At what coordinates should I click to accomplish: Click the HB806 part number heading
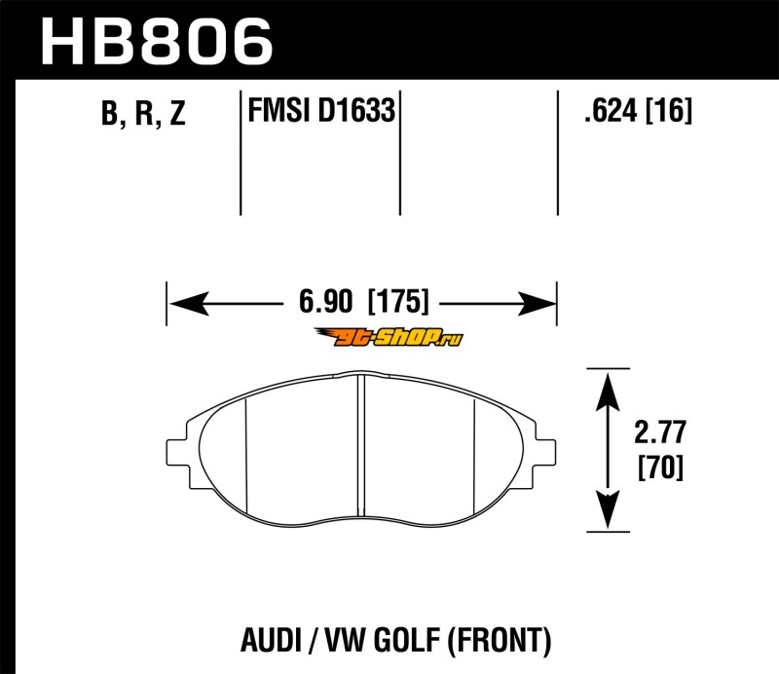(x=157, y=42)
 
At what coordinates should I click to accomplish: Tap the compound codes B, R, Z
(x=143, y=113)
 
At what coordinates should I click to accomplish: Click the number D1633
(x=355, y=110)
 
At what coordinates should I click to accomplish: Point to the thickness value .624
(x=611, y=110)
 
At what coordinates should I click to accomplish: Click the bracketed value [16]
(x=668, y=110)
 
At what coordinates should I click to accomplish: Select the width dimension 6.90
(x=325, y=301)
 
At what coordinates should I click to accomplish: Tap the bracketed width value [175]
(x=398, y=301)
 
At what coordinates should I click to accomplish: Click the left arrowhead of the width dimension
(x=189, y=303)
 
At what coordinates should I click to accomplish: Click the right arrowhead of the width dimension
(x=537, y=303)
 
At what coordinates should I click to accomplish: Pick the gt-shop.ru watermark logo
(x=389, y=338)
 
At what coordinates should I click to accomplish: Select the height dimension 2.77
(x=660, y=431)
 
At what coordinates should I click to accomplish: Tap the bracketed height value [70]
(x=660, y=468)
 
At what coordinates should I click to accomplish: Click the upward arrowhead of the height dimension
(x=608, y=392)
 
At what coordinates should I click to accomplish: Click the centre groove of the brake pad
(x=361, y=445)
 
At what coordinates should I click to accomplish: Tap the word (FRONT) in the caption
(x=501, y=640)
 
